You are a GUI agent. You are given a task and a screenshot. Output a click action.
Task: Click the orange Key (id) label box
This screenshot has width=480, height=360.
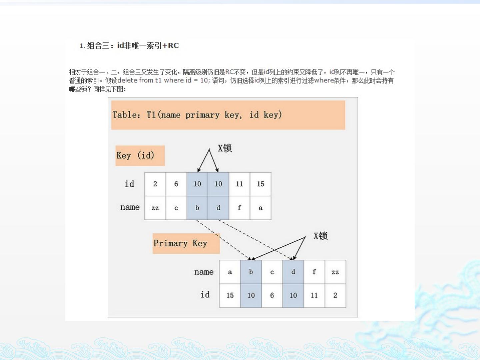(x=140, y=156)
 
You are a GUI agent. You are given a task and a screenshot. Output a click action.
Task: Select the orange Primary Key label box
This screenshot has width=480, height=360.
(x=186, y=243)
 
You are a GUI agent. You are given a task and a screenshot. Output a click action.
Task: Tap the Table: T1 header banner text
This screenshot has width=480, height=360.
(x=197, y=115)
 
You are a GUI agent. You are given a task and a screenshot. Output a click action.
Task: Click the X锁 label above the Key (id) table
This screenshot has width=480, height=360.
(x=225, y=148)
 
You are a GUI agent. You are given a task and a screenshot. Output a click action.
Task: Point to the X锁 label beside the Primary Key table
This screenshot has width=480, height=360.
(x=321, y=236)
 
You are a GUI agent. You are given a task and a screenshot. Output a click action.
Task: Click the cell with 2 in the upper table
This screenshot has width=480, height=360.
(x=155, y=184)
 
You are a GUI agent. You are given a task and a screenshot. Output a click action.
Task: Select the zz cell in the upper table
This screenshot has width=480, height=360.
(x=155, y=208)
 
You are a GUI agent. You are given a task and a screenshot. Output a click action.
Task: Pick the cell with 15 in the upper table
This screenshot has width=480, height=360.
(x=260, y=184)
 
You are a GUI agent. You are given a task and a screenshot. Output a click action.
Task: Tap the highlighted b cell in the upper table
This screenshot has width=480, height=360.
(x=197, y=208)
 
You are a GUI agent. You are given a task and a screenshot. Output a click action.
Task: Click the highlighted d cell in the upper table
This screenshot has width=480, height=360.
(x=218, y=208)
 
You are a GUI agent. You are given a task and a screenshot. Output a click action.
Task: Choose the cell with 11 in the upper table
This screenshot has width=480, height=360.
(x=239, y=184)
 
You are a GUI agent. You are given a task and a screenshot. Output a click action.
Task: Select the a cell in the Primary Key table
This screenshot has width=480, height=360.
(x=230, y=272)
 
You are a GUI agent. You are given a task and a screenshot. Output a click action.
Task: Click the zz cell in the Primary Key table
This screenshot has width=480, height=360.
(x=335, y=272)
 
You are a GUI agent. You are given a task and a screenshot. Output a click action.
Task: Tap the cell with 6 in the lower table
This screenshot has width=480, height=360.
(x=272, y=296)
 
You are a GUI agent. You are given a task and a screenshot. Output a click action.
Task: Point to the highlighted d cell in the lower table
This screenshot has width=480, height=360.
(x=293, y=272)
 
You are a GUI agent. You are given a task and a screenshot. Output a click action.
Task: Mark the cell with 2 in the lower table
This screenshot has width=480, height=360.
(x=335, y=296)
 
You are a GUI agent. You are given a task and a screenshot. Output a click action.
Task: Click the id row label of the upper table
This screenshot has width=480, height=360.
(x=129, y=184)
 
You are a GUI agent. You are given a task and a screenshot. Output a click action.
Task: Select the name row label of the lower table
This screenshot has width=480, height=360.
(x=204, y=272)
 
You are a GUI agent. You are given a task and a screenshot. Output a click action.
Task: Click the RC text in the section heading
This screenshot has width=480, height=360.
(x=173, y=45)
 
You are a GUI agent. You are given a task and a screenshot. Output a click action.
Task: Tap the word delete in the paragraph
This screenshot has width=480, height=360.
(x=127, y=80)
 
